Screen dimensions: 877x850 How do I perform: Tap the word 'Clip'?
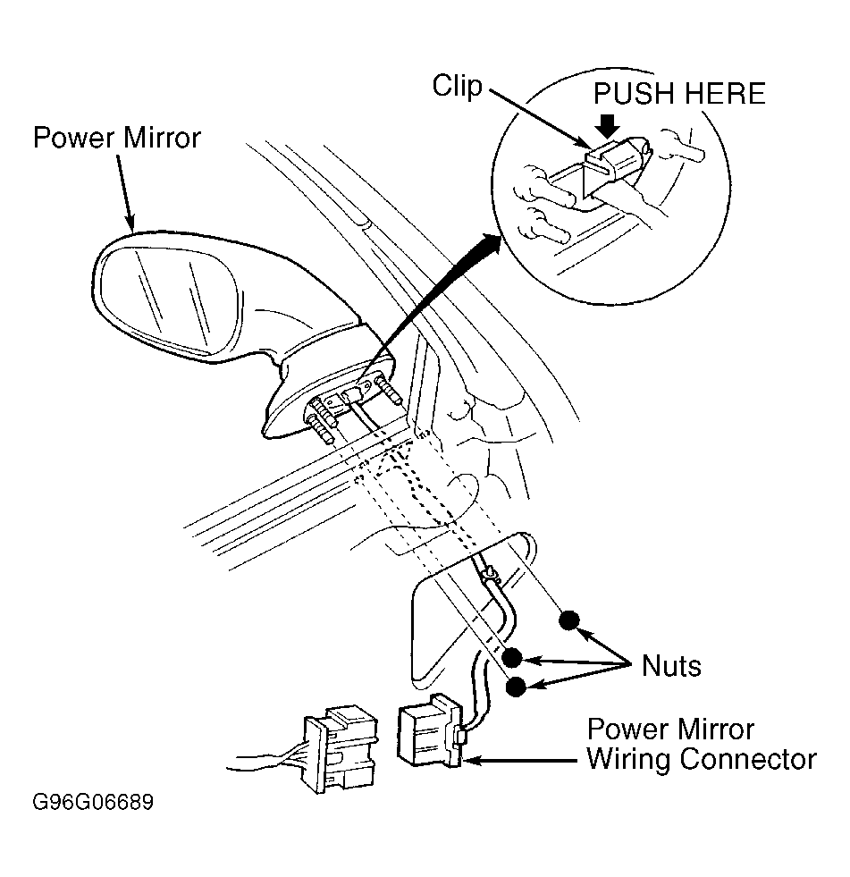pyautogui.click(x=457, y=87)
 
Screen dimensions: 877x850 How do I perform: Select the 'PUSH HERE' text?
pyautogui.click(x=679, y=94)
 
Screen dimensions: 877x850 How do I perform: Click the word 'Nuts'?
pyautogui.click(x=671, y=666)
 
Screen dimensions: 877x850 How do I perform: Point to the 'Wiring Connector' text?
pyautogui.click(x=701, y=759)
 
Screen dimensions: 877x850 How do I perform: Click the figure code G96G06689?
pyautogui.click(x=93, y=802)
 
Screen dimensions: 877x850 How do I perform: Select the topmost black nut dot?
pyautogui.click(x=569, y=620)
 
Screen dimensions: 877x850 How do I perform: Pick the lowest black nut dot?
pyautogui.click(x=516, y=687)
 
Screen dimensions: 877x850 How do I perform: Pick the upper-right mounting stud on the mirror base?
pyautogui.click(x=391, y=391)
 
